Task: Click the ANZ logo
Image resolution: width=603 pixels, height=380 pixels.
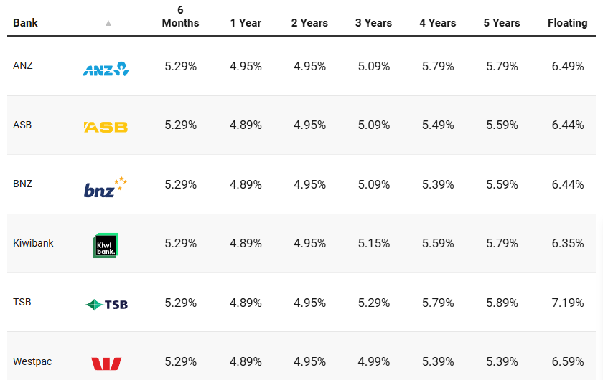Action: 106,69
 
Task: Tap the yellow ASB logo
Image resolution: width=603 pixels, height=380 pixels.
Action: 106,127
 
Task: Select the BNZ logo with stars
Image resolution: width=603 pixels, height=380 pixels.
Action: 106,187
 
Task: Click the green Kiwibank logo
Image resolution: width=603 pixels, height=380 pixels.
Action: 106,245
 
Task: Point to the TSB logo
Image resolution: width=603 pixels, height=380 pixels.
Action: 106,305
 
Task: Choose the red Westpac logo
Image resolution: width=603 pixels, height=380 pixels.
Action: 106,364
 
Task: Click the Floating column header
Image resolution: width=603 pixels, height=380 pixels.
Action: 567,23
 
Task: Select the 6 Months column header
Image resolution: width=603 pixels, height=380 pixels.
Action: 180,16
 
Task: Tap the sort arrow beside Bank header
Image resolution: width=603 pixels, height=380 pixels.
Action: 108,23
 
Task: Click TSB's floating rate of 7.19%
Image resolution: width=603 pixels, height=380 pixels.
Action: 567,303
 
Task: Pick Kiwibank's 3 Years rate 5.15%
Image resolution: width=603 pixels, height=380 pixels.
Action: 373,243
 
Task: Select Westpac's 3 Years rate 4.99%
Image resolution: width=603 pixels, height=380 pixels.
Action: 373,361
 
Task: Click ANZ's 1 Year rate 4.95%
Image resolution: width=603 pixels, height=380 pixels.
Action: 246,66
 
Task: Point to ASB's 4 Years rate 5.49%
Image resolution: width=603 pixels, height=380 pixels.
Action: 438,125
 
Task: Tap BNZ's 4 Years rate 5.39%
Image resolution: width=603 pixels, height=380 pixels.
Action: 438,184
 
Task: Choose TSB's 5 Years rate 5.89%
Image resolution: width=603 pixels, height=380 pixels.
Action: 502,303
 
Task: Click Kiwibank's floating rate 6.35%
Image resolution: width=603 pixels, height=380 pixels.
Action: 567,243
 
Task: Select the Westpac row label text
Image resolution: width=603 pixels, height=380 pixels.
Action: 32,361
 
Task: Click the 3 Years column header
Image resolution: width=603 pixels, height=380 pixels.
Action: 373,23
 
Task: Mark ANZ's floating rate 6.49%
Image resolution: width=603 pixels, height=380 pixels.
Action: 567,66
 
